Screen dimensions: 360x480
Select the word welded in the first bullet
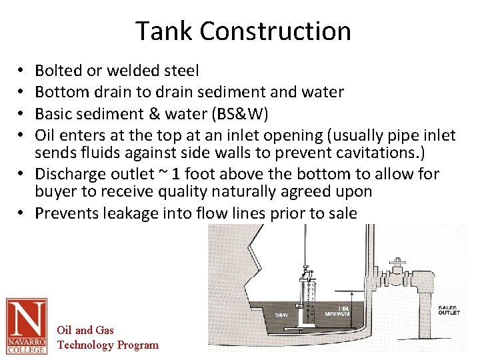point(122,70)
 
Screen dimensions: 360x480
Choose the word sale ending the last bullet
point(345,213)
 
